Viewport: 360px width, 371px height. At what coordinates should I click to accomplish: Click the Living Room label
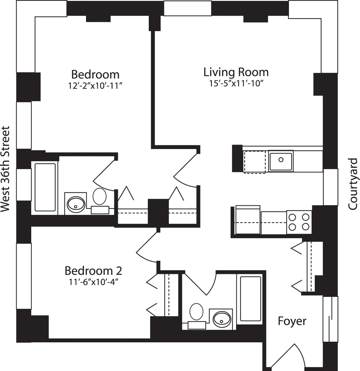pos(236,72)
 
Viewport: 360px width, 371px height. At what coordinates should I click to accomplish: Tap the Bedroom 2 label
pos(93,271)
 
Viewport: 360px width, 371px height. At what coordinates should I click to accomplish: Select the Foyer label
pos(292,321)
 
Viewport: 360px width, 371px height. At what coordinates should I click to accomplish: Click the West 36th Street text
pos(5,169)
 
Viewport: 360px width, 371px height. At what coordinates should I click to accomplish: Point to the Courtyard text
pos(353,184)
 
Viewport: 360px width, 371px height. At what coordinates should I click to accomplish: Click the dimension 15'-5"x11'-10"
pos(236,83)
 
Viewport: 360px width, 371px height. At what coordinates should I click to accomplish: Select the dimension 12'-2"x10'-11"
pos(95,86)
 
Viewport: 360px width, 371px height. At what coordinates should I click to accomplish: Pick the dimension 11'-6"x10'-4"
pos(93,282)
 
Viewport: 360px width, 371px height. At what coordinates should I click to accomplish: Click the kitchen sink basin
pos(281,160)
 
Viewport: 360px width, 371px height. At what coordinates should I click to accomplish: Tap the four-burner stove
pos(299,222)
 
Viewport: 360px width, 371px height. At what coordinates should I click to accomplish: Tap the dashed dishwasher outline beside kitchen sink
pos(254,162)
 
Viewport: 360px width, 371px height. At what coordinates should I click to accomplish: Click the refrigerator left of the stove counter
pos(248,220)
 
